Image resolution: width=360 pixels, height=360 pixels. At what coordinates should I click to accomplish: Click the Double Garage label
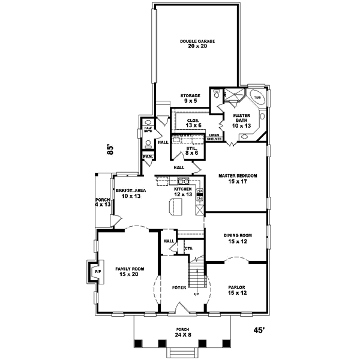pyautogui.click(x=197, y=44)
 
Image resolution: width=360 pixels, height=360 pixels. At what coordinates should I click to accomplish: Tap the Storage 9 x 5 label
pyautogui.click(x=190, y=98)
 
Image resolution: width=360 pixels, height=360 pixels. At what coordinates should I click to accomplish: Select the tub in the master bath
pyautogui.click(x=257, y=97)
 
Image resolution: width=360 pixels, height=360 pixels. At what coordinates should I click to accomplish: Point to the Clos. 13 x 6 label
pyautogui.click(x=193, y=122)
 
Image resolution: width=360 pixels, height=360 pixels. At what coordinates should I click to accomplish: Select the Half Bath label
pyautogui.click(x=148, y=130)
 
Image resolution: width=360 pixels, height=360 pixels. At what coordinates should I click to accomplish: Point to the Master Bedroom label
pyautogui.click(x=238, y=178)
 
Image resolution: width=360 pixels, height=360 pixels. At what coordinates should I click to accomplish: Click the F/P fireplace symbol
pyautogui.click(x=96, y=272)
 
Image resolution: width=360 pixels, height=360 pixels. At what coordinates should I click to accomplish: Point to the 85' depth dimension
pyautogui.click(x=110, y=150)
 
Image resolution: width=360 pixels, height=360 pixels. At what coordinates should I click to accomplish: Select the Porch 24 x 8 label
pyautogui.click(x=182, y=332)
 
